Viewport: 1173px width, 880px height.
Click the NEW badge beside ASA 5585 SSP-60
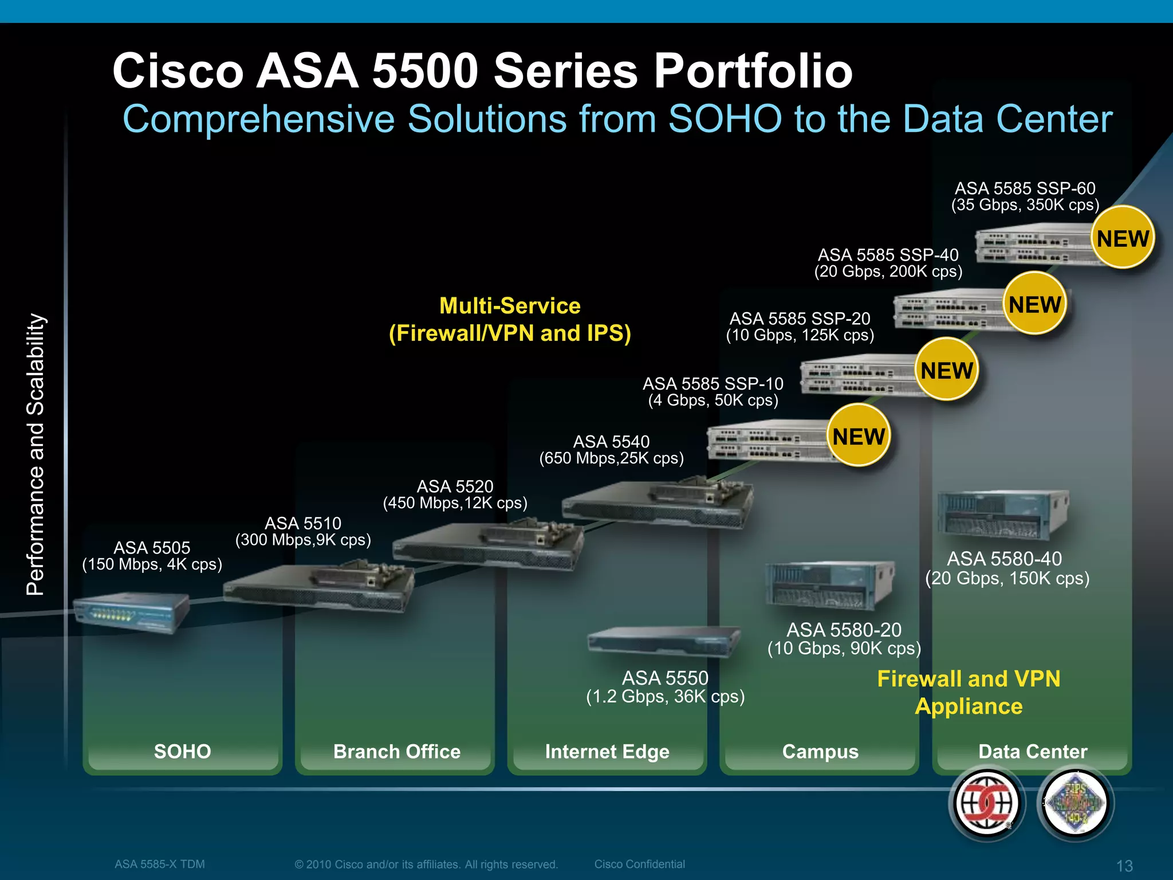coord(1123,238)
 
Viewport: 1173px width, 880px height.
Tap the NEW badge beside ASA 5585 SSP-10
coord(859,436)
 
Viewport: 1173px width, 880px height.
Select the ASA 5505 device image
coord(131,612)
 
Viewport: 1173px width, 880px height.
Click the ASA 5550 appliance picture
coord(663,642)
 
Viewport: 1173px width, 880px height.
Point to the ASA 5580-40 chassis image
coord(1002,515)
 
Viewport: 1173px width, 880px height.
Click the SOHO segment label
coord(182,751)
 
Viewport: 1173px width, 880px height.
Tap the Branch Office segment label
coord(396,751)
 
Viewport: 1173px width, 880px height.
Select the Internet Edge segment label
coord(607,751)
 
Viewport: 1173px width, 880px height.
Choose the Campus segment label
coord(820,751)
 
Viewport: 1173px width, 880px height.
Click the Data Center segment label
coord(1032,751)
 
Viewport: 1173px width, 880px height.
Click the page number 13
coord(1124,866)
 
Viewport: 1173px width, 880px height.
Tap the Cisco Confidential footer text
coord(639,864)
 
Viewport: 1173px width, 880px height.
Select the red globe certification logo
coord(986,803)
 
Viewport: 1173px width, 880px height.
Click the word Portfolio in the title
coord(753,71)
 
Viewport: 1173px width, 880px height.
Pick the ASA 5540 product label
coord(611,442)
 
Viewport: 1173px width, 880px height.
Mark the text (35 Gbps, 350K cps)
coord(1025,205)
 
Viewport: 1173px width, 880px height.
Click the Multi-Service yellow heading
coord(510,306)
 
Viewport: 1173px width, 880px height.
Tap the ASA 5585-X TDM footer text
coord(159,864)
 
